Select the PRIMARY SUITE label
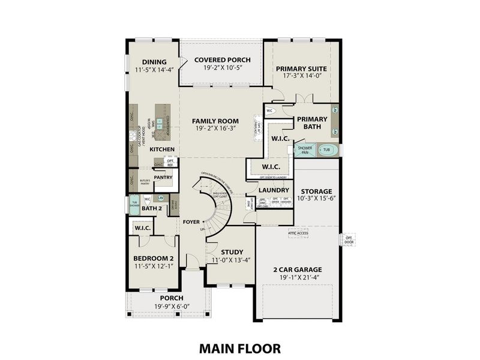[301, 69]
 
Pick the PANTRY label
[163, 178]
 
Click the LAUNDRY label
[274, 190]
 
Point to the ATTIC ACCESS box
[299, 232]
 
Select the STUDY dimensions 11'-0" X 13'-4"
[230, 260]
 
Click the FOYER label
[191, 222]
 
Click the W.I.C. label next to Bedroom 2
[142, 228]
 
